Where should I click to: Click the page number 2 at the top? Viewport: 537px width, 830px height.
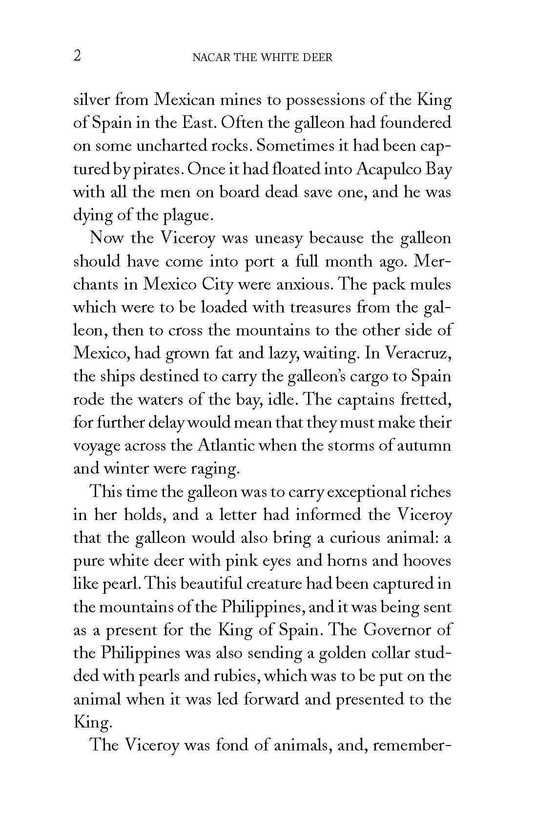pyautogui.click(x=77, y=56)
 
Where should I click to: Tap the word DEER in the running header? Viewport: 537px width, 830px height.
pyautogui.click(x=317, y=58)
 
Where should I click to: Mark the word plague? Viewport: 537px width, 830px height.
pyautogui.click(x=187, y=215)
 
